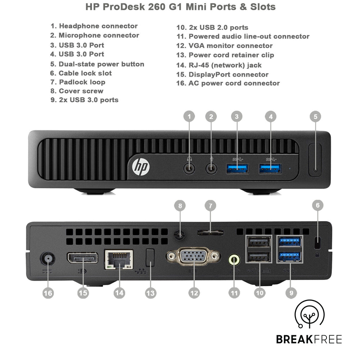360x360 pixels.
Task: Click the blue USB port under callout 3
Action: pos(237,168)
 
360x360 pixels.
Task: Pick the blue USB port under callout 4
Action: pos(270,168)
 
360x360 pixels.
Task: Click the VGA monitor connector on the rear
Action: pos(194,257)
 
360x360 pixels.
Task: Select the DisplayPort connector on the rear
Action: pos(82,258)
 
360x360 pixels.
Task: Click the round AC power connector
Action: pos(48,259)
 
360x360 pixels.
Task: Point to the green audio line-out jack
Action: pos(235,259)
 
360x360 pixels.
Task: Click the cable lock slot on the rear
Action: pos(317,242)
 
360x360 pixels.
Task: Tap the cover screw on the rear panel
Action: pos(179,234)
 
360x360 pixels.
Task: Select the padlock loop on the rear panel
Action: pos(210,232)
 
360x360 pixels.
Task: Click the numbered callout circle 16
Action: pos(48,293)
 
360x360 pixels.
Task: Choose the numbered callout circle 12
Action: pos(194,293)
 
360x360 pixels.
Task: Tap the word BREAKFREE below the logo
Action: pos(309,339)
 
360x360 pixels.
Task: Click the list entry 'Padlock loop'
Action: pos(78,82)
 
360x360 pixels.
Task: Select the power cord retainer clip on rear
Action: pos(150,258)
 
